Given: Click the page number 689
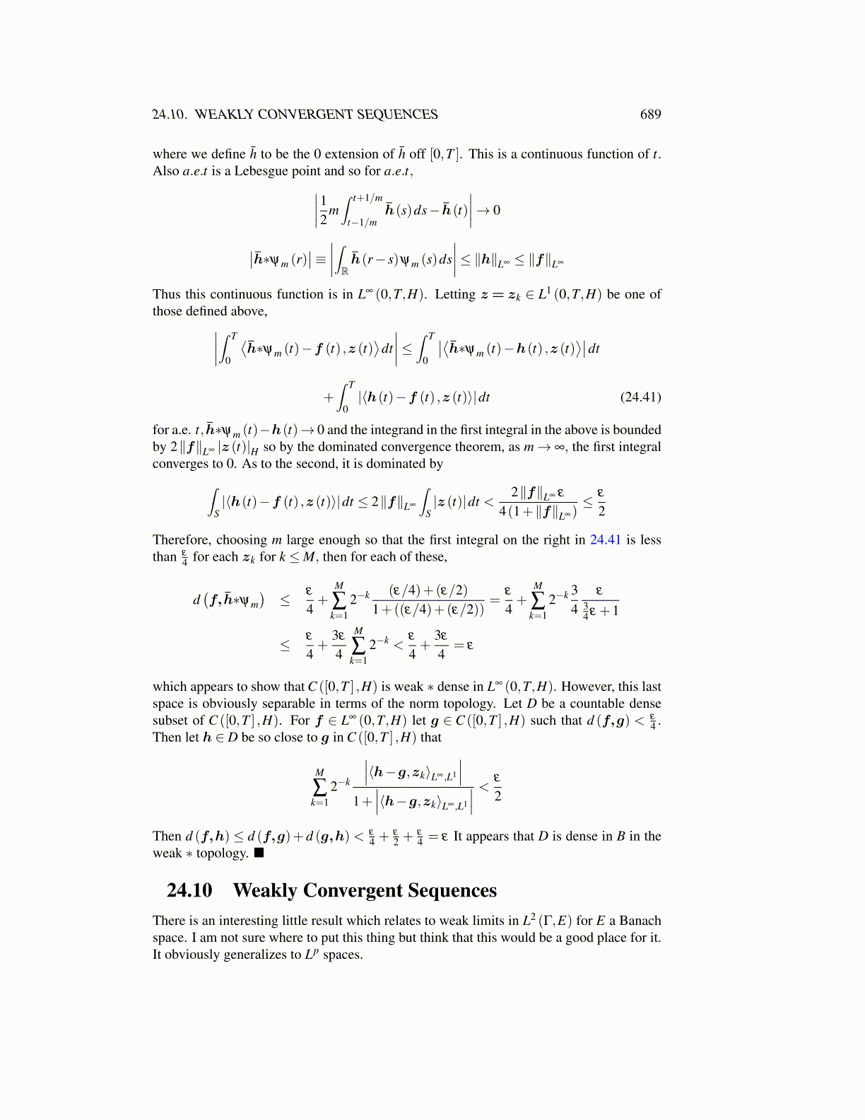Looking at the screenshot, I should (x=650, y=115).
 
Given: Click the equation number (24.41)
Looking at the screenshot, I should (x=640, y=397).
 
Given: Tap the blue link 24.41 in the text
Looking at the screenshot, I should (x=605, y=540).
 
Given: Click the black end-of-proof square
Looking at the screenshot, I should (x=259, y=853).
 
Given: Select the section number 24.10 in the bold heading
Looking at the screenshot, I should (x=189, y=890).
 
